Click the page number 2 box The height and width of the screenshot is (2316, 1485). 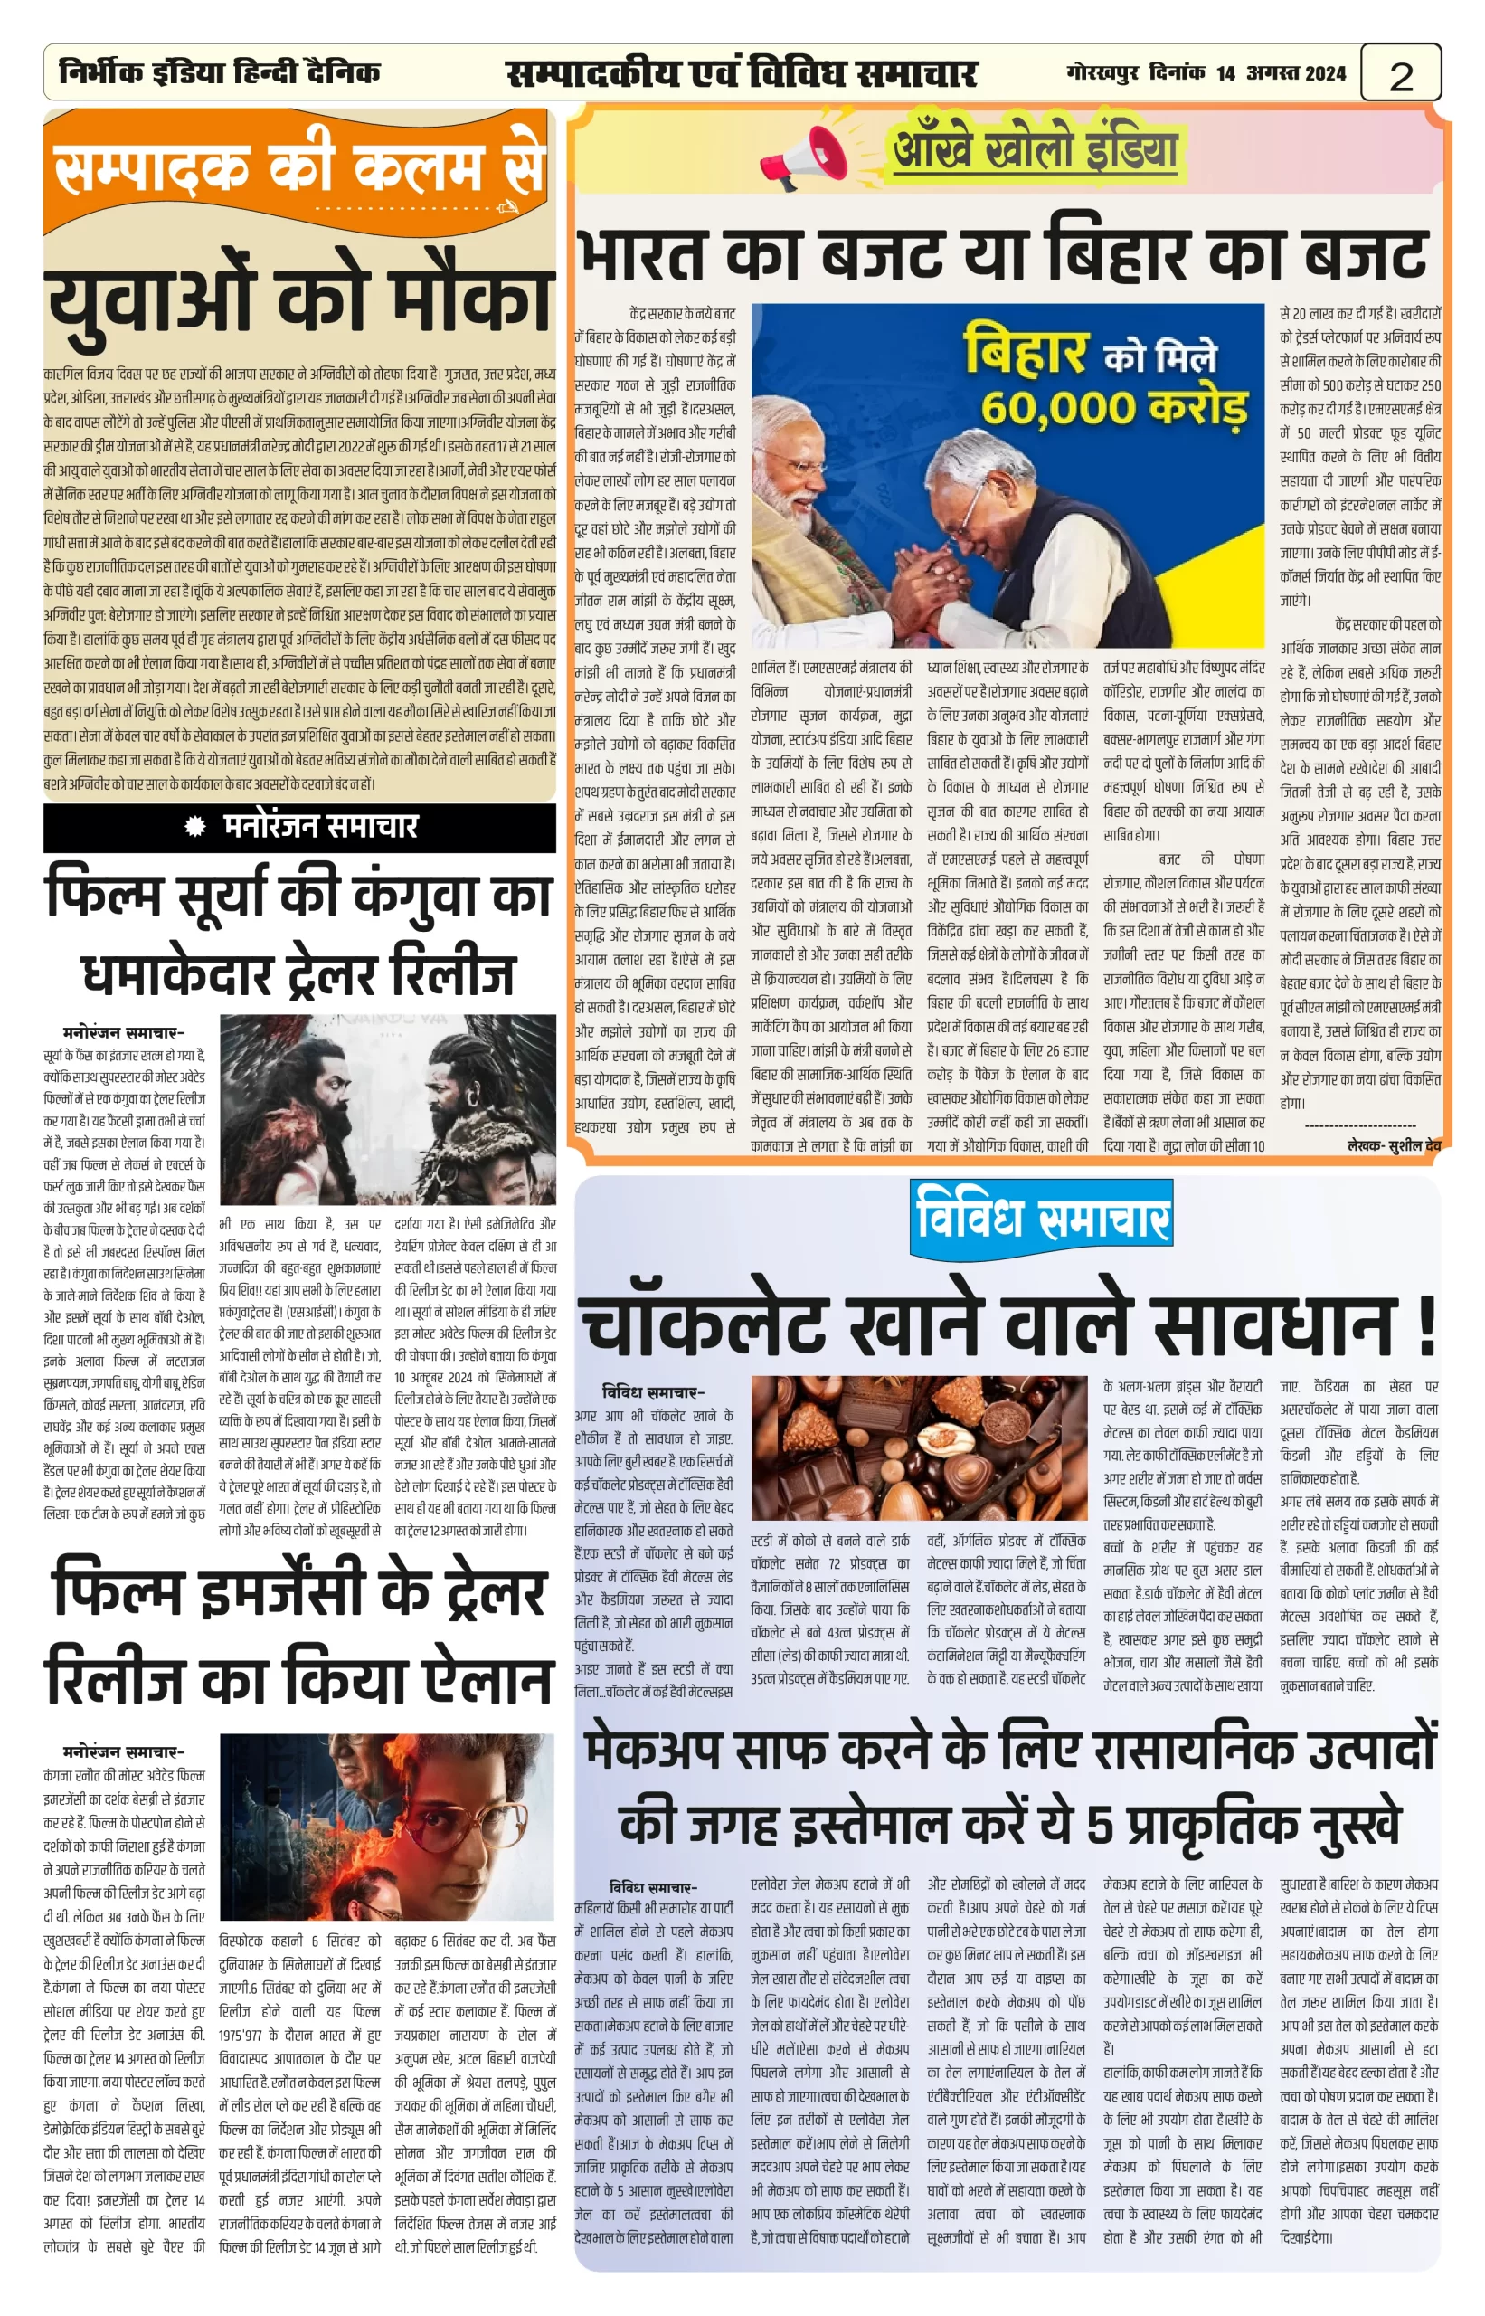click(1400, 73)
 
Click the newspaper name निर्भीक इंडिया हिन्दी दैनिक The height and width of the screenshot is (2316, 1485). click(220, 72)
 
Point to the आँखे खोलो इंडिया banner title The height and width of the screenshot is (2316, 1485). click(1035, 150)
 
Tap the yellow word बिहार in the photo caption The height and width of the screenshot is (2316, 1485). click(1026, 353)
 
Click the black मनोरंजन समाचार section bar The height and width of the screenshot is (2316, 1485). click(299, 827)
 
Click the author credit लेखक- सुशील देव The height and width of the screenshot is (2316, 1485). click(1393, 1145)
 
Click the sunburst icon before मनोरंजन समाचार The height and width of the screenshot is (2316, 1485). click(195, 826)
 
